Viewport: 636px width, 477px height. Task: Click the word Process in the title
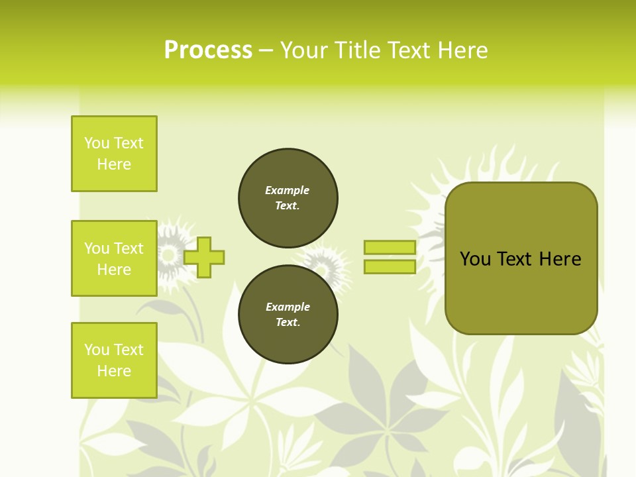tap(208, 50)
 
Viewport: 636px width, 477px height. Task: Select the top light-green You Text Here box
tap(114, 154)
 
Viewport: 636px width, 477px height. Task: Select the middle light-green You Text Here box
tap(114, 258)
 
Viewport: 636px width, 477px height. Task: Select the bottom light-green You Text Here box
tap(114, 360)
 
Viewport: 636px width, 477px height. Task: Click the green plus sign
tap(204, 257)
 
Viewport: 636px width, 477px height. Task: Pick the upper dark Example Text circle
tap(288, 198)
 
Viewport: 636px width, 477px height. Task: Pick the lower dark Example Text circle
tap(288, 314)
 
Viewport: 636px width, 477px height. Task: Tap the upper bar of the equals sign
tap(390, 247)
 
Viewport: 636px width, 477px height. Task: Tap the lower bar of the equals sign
tap(390, 266)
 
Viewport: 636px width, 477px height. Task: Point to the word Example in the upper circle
tap(287, 190)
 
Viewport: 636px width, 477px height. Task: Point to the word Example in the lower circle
tap(288, 307)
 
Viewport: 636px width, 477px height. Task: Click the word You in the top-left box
tap(97, 143)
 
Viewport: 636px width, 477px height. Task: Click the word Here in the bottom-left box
tap(114, 371)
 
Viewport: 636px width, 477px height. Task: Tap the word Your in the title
tap(304, 50)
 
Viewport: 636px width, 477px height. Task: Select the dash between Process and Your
tap(266, 50)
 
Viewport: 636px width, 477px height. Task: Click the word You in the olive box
tap(475, 259)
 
